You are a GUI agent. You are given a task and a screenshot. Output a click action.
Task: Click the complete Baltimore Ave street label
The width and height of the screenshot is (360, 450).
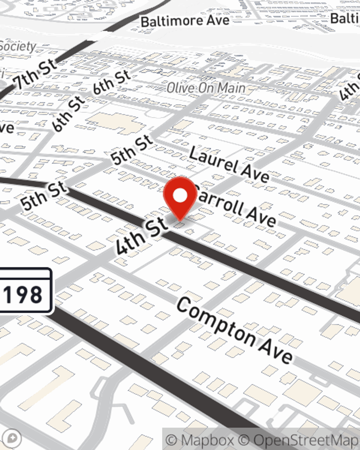point(185,21)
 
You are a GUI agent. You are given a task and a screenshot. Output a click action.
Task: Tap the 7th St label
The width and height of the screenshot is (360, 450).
point(35,75)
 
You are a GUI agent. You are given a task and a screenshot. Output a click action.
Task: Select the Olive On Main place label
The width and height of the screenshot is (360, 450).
point(206,87)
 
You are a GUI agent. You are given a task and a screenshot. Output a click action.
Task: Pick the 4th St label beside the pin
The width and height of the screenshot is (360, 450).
point(142,237)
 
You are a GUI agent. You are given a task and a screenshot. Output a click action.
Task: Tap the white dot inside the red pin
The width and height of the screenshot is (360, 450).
point(180,196)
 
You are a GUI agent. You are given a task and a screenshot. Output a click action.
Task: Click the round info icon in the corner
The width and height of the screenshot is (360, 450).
point(12,438)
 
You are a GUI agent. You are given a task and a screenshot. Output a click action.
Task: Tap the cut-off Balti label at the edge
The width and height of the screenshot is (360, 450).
point(345,18)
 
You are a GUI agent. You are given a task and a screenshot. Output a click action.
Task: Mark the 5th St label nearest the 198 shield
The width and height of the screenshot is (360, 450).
point(44,196)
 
